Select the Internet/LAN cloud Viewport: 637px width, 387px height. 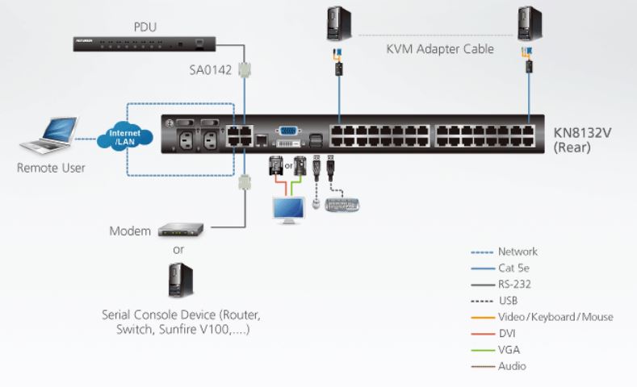coord(124,137)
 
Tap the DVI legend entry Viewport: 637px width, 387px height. coord(507,333)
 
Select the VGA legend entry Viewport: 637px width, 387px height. coord(509,350)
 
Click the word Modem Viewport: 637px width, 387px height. coord(130,231)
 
